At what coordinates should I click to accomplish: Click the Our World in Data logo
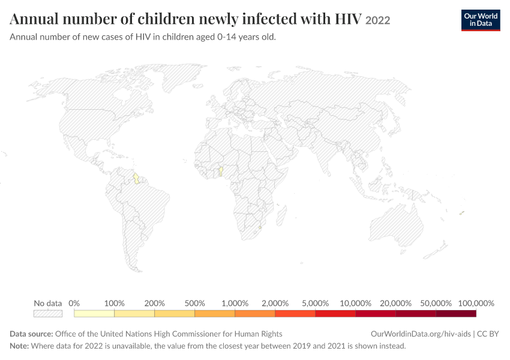coord(481,20)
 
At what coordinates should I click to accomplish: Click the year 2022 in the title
coord(377,20)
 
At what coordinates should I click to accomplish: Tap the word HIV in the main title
coord(348,19)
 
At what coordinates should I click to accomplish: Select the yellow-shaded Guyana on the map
coord(137,178)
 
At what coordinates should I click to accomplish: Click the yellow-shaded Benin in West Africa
coord(221,172)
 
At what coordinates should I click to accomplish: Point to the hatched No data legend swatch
coord(48,313)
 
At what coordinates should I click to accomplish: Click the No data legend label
coord(48,304)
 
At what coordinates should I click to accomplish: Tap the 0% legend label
coord(74,304)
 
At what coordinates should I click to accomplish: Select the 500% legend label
coord(194,304)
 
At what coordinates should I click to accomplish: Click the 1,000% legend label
coord(235,304)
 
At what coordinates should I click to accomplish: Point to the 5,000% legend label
coord(315,304)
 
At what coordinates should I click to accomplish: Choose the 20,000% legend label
coord(395,304)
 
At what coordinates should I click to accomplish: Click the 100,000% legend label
coord(476,304)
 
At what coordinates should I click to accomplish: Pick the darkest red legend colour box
coord(456,313)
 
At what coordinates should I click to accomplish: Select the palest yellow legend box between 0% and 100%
coord(94,313)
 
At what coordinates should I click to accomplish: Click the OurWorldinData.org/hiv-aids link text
coord(421,334)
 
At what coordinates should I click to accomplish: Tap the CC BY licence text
coord(488,334)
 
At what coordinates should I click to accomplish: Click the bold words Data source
coord(31,334)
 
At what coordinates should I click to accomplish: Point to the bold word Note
coord(19,346)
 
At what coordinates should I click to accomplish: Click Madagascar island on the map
coord(281,215)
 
